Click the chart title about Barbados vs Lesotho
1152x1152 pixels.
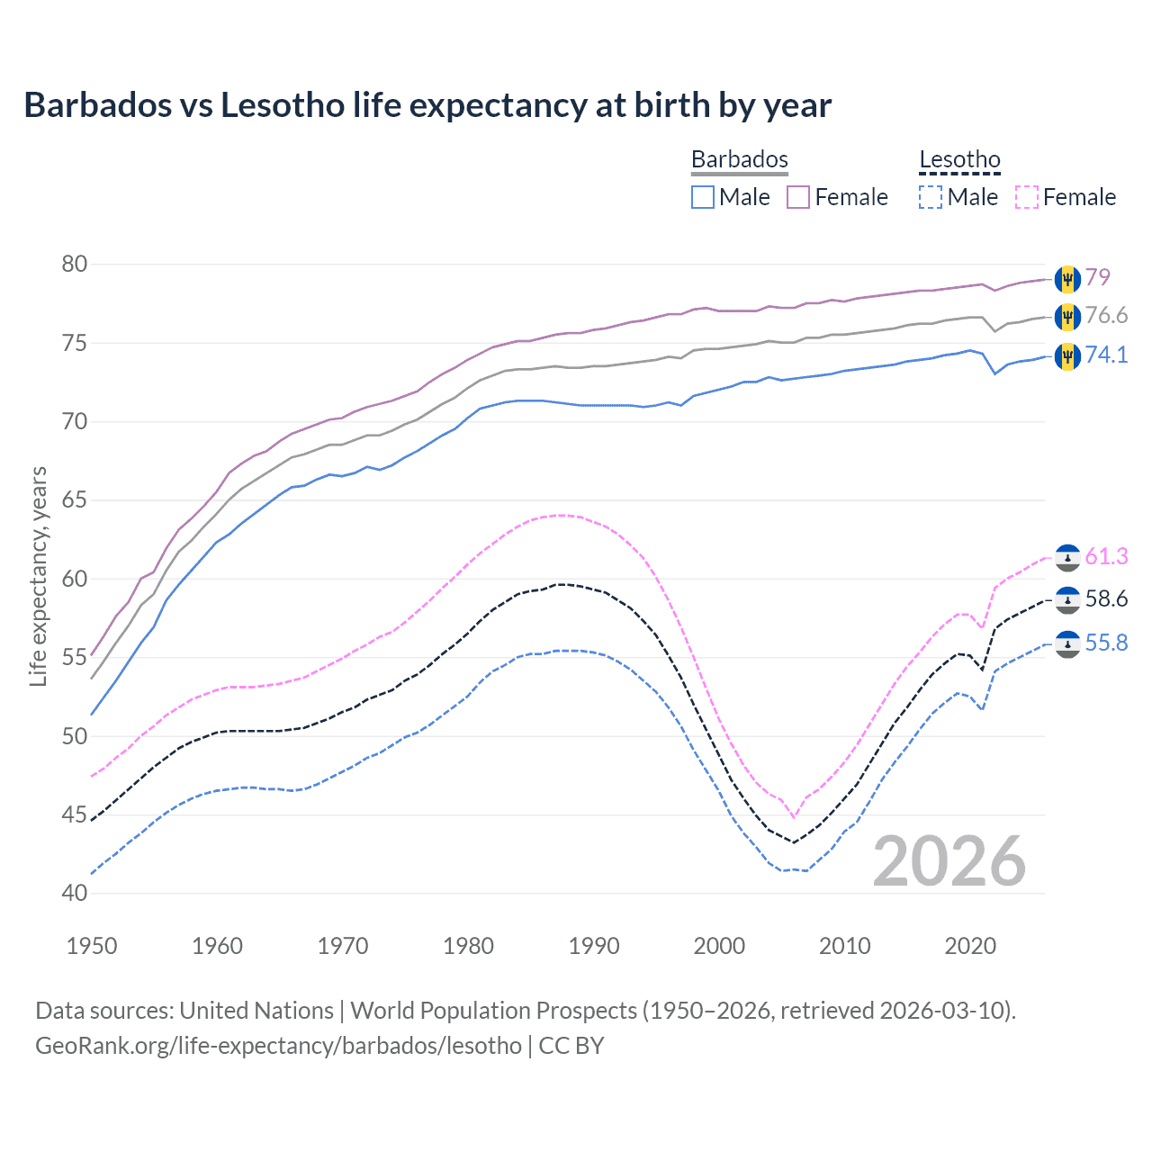(427, 105)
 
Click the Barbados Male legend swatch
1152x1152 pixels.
(703, 197)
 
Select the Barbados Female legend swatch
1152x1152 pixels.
(798, 197)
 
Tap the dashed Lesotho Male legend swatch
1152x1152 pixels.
(931, 197)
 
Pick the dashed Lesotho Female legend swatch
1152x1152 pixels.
(1026, 197)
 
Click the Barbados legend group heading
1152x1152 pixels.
(740, 159)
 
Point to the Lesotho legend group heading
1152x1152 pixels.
(959, 159)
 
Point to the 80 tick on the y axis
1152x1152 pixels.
(75, 264)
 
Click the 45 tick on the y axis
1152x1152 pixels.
(75, 814)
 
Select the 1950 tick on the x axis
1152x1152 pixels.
(92, 946)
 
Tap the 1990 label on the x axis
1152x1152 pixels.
(594, 946)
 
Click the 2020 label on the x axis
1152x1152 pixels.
(970, 946)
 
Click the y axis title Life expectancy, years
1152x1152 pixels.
(38, 576)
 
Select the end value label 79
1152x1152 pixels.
(1097, 277)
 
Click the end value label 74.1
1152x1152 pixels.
(1106, 355)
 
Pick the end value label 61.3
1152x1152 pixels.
(1106, 556)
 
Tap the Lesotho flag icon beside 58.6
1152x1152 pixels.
(1067, 599)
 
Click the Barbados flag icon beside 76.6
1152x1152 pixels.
(1067, 316)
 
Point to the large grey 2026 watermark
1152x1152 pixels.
(949, 861)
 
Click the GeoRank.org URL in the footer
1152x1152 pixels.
(278, 1046)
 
